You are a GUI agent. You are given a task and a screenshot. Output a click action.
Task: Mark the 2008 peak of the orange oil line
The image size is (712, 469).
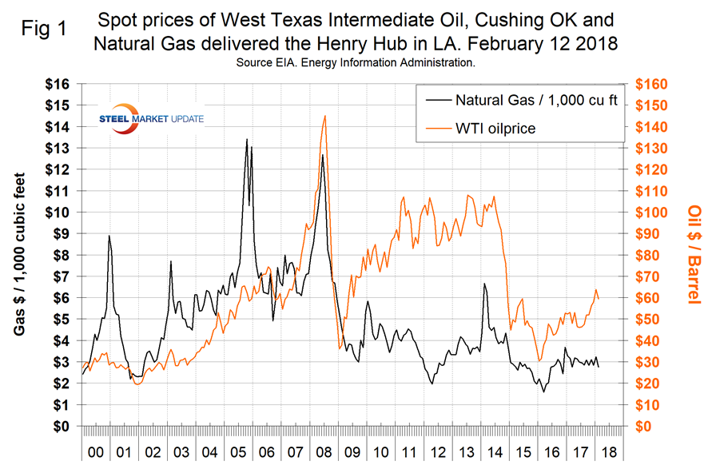coord(324,116)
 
